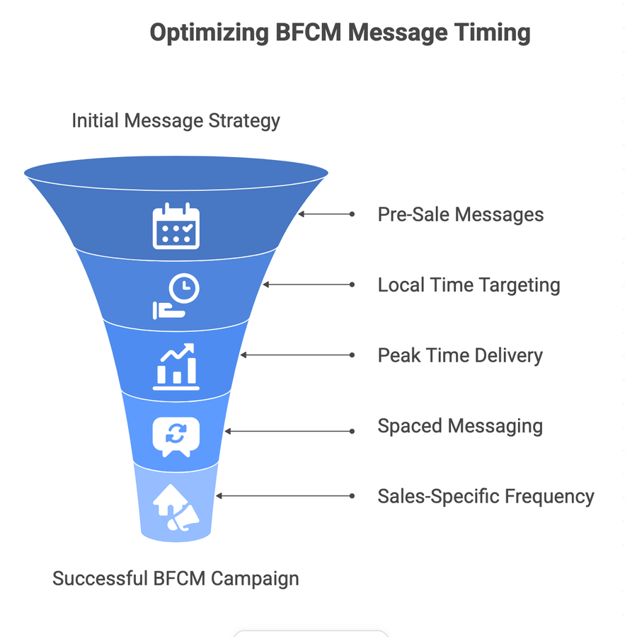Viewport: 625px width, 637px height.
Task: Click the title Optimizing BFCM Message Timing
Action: (340, 33)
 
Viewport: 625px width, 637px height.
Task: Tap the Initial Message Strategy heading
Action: (176, 120)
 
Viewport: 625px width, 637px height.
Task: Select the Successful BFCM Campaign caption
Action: (176, 578)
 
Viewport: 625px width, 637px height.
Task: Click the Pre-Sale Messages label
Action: (460, 214)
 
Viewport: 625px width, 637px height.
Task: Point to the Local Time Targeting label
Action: (469, 285)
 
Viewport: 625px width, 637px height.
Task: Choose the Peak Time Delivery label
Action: (460, 355)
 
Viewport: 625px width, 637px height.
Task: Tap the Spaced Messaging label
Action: (460, 426)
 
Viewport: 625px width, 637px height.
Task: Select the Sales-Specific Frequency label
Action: (486, 496)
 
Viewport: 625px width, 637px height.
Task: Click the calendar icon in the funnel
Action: (176, 226)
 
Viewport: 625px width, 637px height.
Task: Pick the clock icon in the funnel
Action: (176, 297)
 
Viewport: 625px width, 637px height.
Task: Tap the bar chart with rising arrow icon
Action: (176, 366)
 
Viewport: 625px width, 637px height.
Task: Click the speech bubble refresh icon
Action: (176, 436)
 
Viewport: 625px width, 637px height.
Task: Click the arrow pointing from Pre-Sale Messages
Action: (326, 214)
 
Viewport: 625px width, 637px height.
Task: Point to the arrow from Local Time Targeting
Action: (308, 285)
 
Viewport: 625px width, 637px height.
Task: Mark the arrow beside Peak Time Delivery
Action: (297, 355)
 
